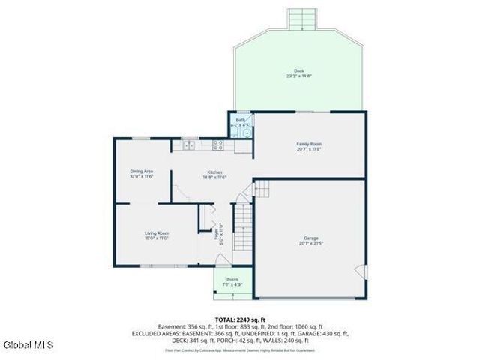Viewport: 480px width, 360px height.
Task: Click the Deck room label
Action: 299,71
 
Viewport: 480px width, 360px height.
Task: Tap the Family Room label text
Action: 309,143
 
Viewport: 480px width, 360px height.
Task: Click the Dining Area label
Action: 142,172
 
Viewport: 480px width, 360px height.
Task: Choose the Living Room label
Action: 156,233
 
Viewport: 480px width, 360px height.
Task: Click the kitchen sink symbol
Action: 190,143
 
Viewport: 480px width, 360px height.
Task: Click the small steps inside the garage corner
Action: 262,188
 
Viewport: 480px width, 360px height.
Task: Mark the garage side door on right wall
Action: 361,271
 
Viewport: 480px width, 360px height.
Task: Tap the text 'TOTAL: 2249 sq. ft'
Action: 239,319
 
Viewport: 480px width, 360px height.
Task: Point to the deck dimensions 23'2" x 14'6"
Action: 299,76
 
